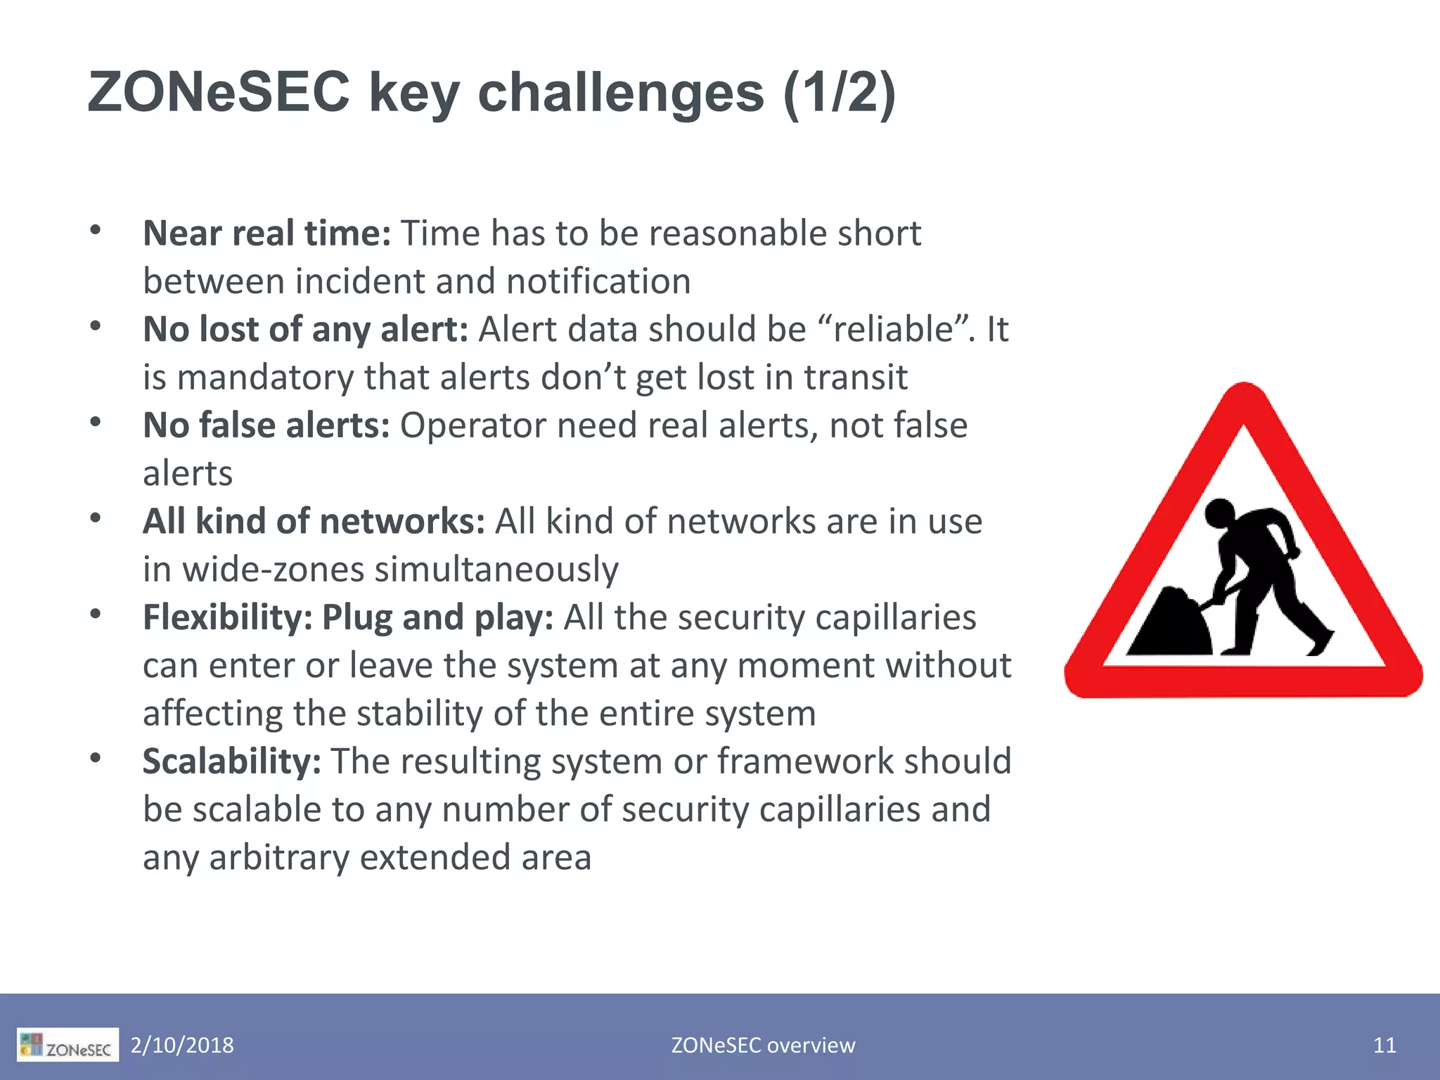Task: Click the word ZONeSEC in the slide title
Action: (218, 92)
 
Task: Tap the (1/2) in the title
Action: (839, 92)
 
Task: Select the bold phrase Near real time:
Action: (266, 233)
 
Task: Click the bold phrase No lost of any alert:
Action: (305, 329)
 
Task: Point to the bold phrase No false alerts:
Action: (266, 425)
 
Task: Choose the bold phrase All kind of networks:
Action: (314, 521)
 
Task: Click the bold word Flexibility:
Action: (227, 617)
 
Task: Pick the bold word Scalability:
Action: (231, 761)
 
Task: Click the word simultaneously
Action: (496, 570)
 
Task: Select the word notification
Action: (598, 281)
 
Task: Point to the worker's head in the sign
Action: (1220, 513)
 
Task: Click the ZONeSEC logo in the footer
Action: (67, 1046)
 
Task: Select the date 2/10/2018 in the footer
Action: (182, 1046)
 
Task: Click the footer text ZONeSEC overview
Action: (763, 1046)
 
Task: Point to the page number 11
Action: (1384, 1046)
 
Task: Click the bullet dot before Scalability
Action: (96, 758)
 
